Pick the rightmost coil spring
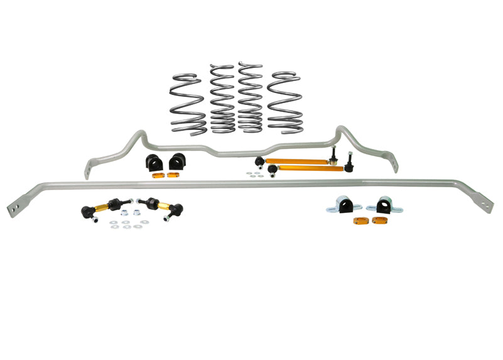[285, 102]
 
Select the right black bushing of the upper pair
[178, 161]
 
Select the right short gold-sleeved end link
[161, 207]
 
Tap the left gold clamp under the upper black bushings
[157, 174]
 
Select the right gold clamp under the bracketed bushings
[379, 220]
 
